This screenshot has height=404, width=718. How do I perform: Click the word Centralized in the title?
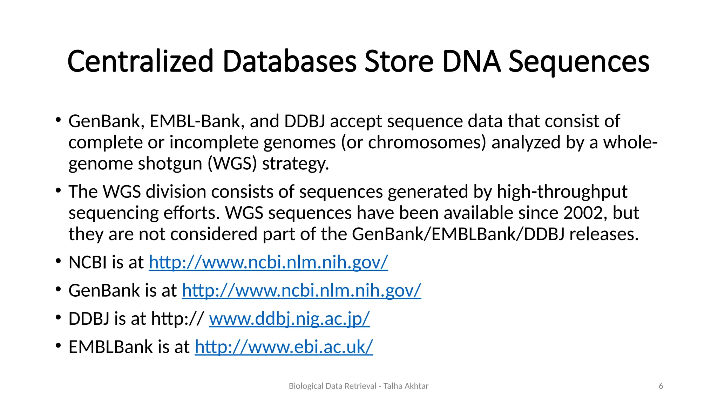[140, 61]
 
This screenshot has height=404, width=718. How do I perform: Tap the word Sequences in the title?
[579, 61]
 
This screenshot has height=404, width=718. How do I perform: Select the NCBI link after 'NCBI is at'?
[268, 262]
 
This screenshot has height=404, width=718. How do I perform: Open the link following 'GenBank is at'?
[301, 290]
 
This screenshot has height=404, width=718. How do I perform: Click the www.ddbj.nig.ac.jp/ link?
[289, 319]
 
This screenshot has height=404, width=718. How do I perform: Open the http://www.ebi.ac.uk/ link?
[284, 347]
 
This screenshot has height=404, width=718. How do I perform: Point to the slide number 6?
[661, 386]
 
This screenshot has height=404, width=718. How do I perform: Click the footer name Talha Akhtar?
[406, 386]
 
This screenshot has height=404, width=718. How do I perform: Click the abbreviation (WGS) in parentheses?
[232, 164]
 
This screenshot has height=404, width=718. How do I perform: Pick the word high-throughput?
[562, 192]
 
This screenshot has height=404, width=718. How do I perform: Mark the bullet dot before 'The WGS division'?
[58, 191]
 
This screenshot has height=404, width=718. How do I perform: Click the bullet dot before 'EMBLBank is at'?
[58, 346]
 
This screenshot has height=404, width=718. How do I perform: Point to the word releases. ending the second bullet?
[604, 234]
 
